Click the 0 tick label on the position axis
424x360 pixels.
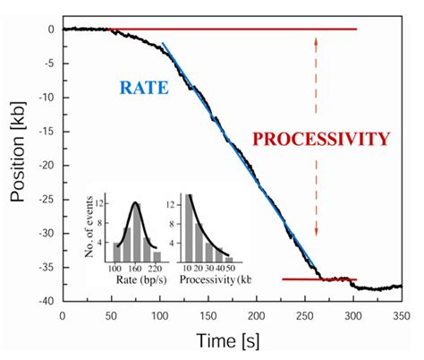52,30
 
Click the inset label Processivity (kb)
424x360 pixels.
215,279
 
